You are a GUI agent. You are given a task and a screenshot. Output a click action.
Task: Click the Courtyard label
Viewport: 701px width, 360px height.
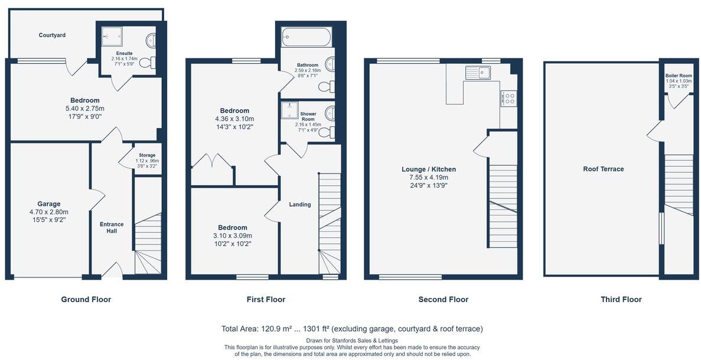[x=52, y=35]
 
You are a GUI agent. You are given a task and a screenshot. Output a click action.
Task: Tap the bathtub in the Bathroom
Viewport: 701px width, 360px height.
[x=306, y=37]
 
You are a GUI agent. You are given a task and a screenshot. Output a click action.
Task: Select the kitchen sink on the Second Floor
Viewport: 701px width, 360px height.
[x=477, y=73]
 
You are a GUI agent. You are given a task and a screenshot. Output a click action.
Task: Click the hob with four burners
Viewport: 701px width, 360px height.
[x=508, y=98]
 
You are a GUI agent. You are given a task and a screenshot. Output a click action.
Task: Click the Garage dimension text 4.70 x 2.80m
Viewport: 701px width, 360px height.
[x=50, y=212]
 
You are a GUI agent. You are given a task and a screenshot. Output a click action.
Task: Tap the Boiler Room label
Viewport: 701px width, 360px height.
[x=678, y=76]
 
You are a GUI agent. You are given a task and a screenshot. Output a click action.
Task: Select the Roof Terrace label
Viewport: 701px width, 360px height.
[x=603, y=169]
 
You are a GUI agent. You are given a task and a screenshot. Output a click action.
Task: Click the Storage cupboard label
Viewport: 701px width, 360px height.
[x=146, y=155]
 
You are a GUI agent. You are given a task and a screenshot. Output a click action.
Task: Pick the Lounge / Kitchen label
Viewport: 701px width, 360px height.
[x=428, y=169]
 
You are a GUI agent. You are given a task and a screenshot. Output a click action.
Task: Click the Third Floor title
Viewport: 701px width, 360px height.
[x=621, y=300]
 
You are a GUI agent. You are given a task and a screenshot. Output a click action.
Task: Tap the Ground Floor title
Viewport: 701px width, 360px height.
[x=86, y=300]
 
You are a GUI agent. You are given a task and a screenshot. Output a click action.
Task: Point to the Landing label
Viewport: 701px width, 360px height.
[x=299, y=205]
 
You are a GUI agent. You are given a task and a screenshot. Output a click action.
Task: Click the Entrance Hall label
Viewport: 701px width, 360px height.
[x=112, y=227]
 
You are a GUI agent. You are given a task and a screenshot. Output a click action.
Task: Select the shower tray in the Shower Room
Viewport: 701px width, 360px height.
[x=290, y=110]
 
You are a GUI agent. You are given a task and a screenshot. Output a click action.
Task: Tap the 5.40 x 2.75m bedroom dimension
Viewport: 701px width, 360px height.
[x=85, y=109]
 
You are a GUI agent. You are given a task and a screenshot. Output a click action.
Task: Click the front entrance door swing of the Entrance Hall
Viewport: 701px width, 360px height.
[x=112, y=270]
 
